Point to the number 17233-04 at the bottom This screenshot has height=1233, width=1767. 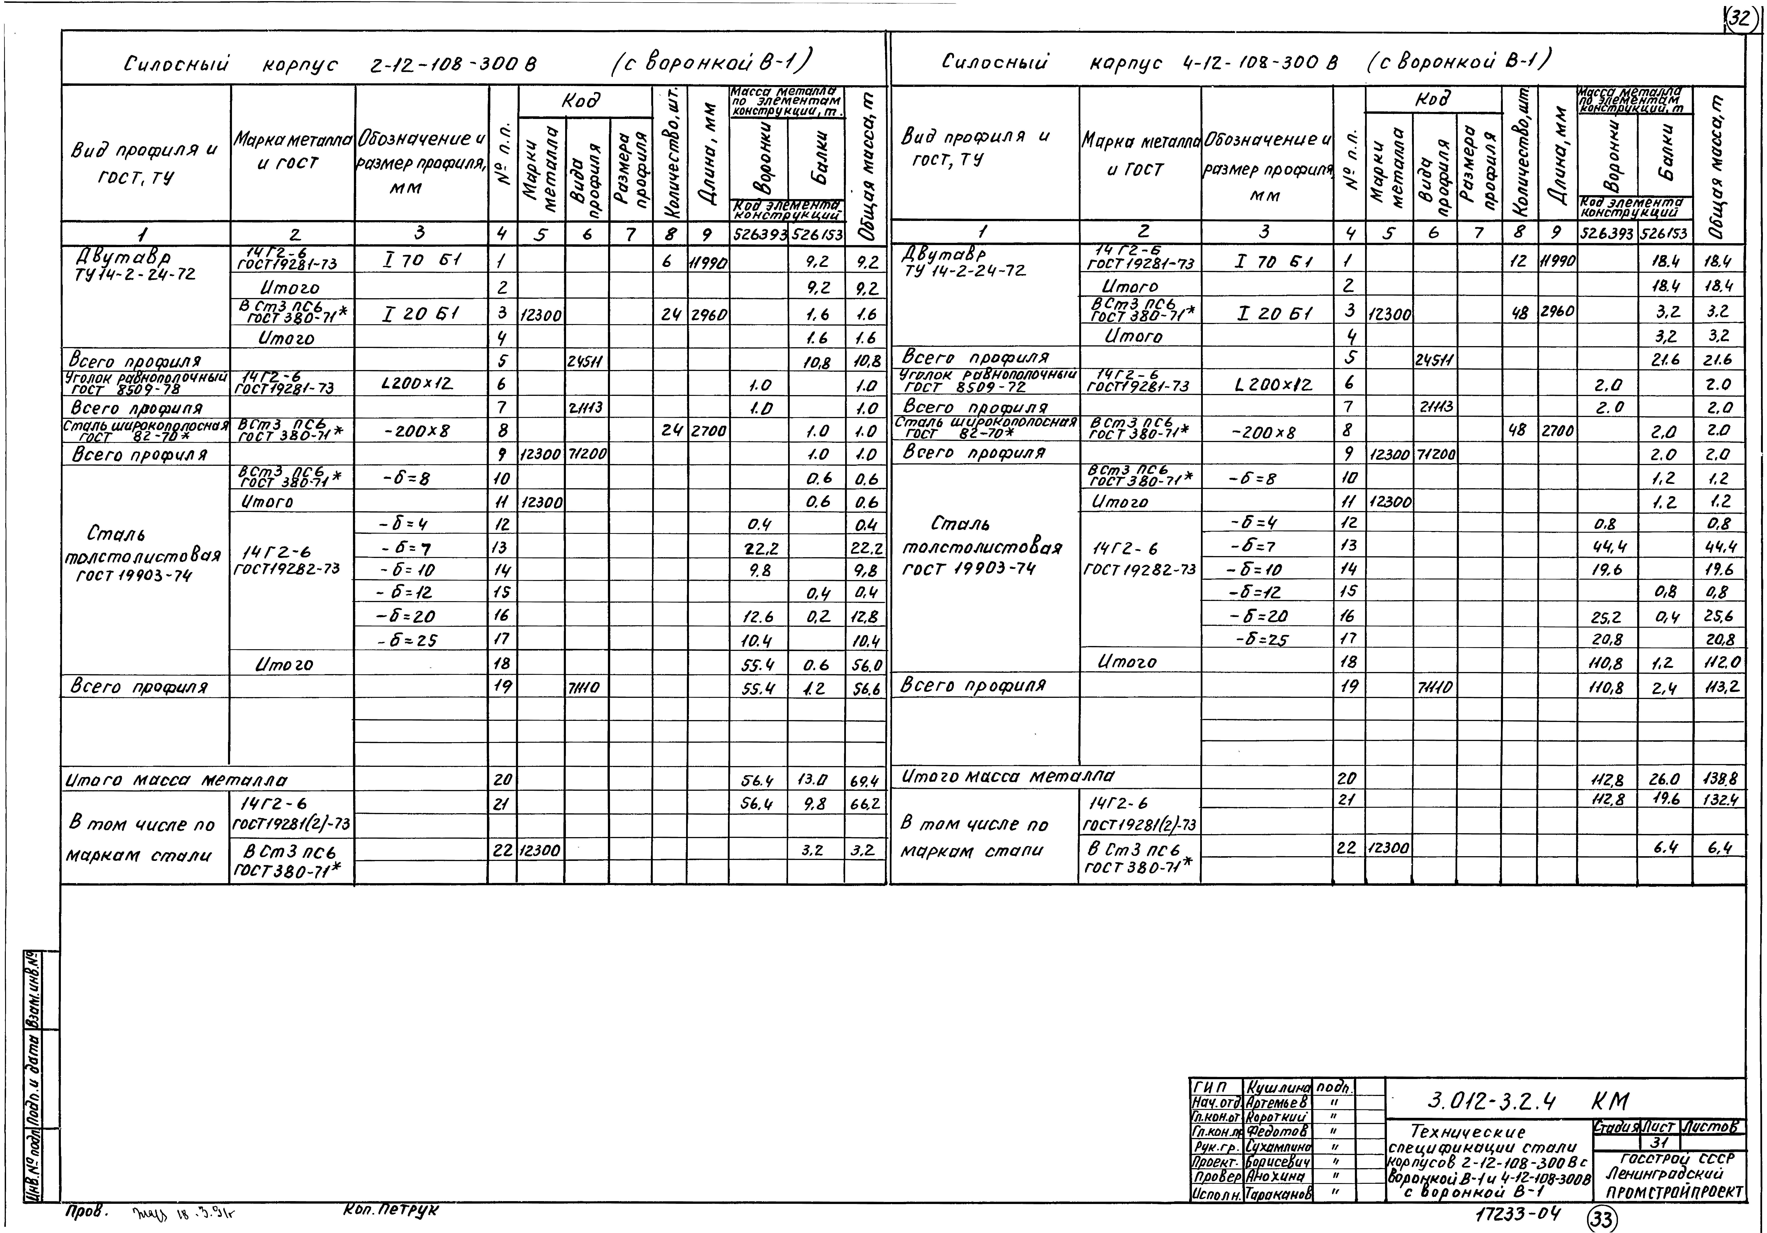[1518, 1215]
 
